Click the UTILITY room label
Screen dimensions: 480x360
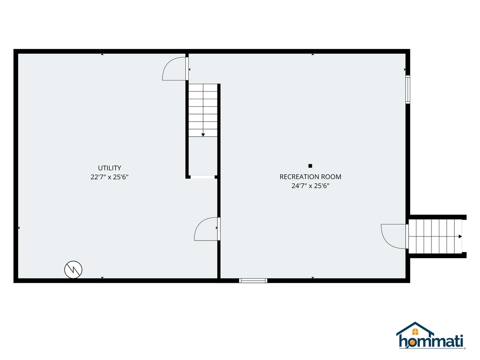[x=109, y=168]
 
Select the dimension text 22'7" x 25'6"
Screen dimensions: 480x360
[x=109, y=177]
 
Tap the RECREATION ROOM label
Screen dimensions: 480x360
[x=310, y=177]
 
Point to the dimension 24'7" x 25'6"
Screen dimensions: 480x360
[x=310, y=186]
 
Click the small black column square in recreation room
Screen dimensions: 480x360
[x=310, y=166]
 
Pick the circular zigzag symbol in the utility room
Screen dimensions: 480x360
[x=73, y=270]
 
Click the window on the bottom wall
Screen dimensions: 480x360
[x=253, y=281]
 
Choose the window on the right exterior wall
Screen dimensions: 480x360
[x=408, y=89]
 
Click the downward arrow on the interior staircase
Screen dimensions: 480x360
[x=203, y=135]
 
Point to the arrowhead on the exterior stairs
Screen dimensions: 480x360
[x=460, y=237]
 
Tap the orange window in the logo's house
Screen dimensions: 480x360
[x=415, y=331]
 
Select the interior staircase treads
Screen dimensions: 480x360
[x=203, y=110]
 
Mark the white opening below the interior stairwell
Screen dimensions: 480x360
[x=203, y=177]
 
